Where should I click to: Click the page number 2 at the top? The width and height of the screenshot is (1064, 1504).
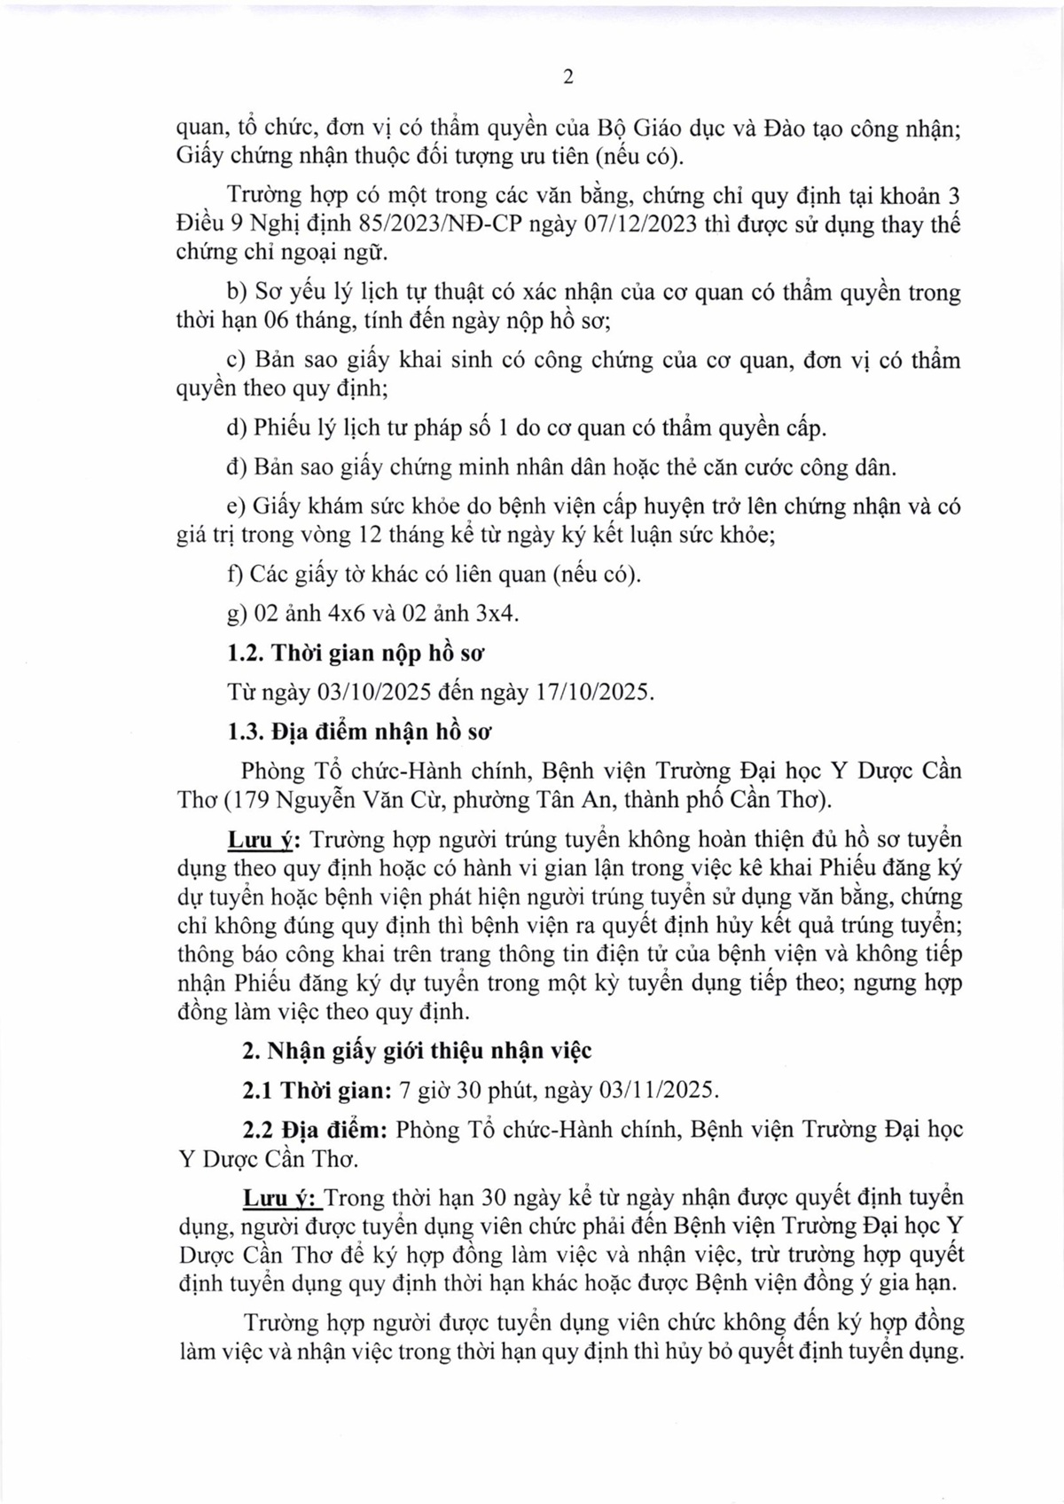tap(568, 77)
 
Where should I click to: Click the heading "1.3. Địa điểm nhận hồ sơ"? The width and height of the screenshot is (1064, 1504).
tap(360, 732)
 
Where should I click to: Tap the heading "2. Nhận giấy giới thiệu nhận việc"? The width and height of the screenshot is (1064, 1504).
tap(418, 1051)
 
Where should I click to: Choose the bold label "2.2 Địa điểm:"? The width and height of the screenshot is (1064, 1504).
tap(316, 1130)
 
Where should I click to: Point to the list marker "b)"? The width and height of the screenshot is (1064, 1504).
tap(237, 292)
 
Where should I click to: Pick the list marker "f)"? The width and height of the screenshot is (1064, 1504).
tap(235, 574)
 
